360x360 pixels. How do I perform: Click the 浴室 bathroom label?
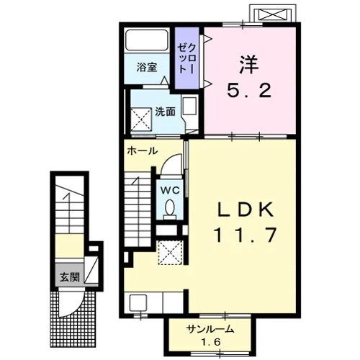pyautogui.click(x=147, y=68)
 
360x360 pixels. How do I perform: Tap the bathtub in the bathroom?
pyautogui.click(x=147, y=40)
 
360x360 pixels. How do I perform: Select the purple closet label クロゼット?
pyautogui.click(x=186, y=59)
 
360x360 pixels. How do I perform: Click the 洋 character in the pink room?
pyautogui.click(x=249, y=65)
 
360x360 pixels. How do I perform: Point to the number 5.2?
pyautogui.click(x=249, y=90)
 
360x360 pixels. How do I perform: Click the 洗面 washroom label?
pyautogui.click(x=165, y=112)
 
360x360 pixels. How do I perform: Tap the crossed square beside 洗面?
pyautogui.click(x=141, y=120)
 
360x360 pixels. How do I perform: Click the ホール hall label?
pyautogui.click(x=143, y=151)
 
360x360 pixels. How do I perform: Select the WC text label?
pyautogui.click(x=170, y=191)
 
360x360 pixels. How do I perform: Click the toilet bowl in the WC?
pyautogui.click(x=170, y=207)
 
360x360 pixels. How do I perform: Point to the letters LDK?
pyautogui.click(x=246, y=210)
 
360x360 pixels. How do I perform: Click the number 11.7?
pyautogui.click(x=246, y=235)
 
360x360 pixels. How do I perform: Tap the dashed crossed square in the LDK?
pyautogui.click(x=171, y=253)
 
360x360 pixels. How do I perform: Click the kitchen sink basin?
pyautogui.click(x=138, y=303)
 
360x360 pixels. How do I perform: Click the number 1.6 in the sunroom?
pyautogui.click(x=211, y=342)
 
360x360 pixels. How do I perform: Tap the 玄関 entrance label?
pyautogui.click(x=70, y=277)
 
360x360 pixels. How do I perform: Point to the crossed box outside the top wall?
pyautogui.click(x=272, y=14)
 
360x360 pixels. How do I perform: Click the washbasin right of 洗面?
pyautogui.click(x=190, y=106)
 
